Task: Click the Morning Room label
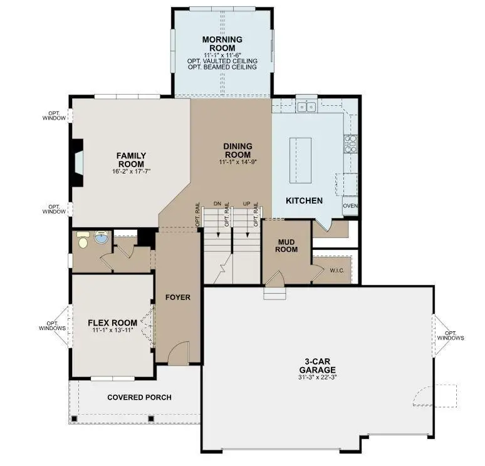click(x=218, y=44)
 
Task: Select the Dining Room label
click(x=237, y=151)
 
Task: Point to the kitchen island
click(x=300, y=160)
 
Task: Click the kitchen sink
click(x=306, y=107)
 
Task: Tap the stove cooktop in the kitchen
click(x=350, y=144)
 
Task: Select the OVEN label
click(x=350, y=205)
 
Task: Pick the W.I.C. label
click(x=337, y=271)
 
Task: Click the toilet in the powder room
click(x=81, y=238)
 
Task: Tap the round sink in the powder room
click(x=101, y=239)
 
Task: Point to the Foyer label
click(x=178, y=297)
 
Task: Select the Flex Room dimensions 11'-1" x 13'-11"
click(x=112, y=331)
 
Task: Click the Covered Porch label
click(x=139, y=397)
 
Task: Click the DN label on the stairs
click(x=217, y=204)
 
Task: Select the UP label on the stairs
click(x=246, y=204)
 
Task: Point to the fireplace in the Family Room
click(x=76, y=162)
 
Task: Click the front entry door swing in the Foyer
click(x=179, y=353)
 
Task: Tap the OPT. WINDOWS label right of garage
click(x=451, y=336)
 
